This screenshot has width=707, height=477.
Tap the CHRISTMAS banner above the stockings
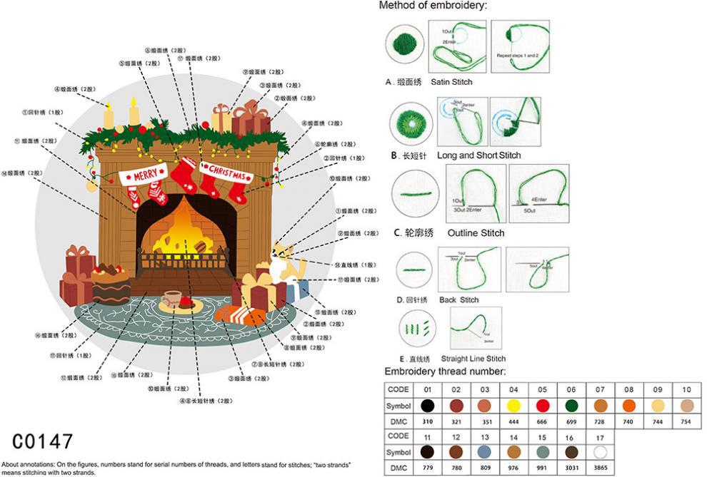(227, 173)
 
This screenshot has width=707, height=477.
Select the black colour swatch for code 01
(428, 406)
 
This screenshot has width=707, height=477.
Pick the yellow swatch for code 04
(513, 406)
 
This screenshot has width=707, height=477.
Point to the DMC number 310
(428, 421)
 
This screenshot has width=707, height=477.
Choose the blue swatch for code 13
(485, 451)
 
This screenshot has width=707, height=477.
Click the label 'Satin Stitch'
(451, 82)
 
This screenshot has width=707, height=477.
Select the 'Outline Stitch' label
(476, 233)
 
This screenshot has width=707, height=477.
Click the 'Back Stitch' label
(459, 299)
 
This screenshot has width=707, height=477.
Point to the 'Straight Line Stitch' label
(473, 359)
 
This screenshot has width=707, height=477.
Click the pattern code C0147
(43, 440)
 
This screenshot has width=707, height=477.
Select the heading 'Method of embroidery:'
(433, 6)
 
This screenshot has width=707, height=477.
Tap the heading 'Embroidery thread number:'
(446, 371)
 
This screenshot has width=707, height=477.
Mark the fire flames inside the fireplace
(186, 228)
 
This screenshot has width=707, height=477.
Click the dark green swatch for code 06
(571, 406)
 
